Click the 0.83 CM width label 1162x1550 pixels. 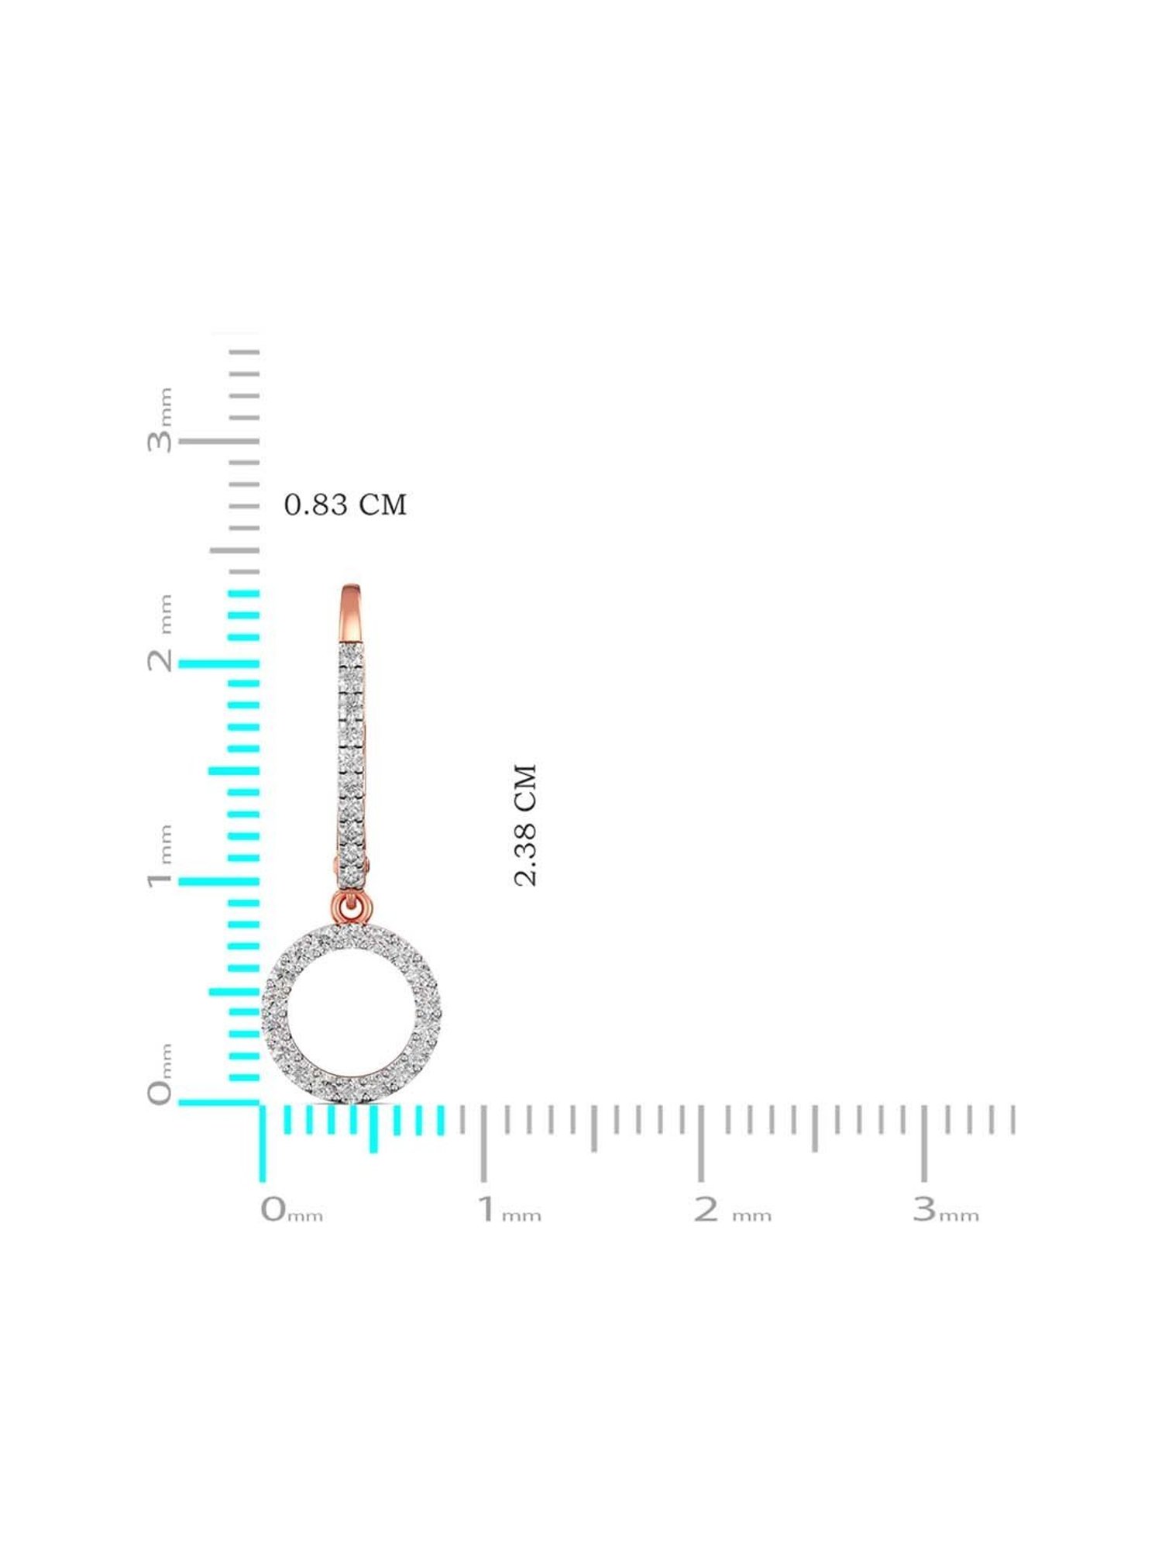coord(346,505)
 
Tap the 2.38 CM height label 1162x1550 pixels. coord(525,825)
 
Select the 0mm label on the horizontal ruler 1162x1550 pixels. coord(291,1210)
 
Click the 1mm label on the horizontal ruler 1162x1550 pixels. coord(509,1210)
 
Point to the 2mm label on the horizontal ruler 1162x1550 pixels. coord(732,1210)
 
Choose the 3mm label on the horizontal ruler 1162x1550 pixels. coord(946,1210)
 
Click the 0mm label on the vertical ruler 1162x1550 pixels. coord(160,1074)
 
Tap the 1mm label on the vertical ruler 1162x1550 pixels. coord(160,856)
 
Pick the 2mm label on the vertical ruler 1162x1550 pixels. coord(160,633)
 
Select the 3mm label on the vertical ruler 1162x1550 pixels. coord(160,419)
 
